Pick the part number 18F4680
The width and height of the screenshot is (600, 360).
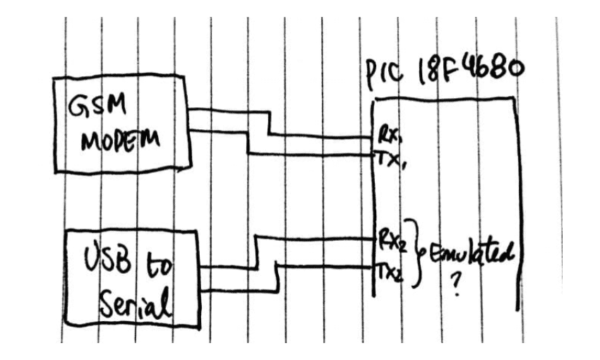(x=472, y=74)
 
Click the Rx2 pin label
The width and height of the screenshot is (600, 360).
(x=391, y=240)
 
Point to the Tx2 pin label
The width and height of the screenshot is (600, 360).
(x=390, y=271)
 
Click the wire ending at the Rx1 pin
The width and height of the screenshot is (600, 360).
(x=320, y=133)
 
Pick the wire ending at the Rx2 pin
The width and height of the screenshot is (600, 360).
(x=320, y=236)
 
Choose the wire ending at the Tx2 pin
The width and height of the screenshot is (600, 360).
(x=320, y=265)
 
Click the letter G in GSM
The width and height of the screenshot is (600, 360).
(x=76, y=106)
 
